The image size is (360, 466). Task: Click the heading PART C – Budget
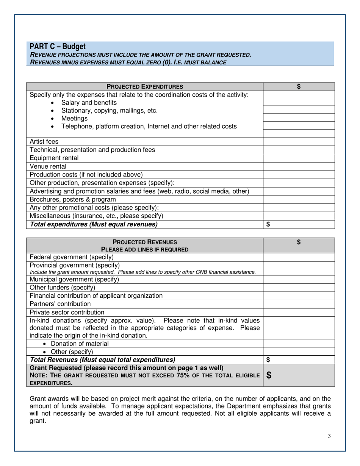click(58, 47)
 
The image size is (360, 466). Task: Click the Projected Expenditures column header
click(145, 87)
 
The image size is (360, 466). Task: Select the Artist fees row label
click(44, 142)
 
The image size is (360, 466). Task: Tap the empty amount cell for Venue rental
click(299, 166)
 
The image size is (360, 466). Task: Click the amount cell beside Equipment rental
click(299, 158)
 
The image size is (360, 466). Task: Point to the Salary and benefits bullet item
click(89, 103)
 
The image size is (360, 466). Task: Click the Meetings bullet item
click(74, 119)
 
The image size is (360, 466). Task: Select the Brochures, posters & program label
click(73, 199)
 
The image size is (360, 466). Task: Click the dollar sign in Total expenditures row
click(268, 224)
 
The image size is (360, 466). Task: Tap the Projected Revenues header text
click(145, 242)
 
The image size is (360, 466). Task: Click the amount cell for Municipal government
click(299, 280)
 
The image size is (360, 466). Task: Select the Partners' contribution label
click(60, 304)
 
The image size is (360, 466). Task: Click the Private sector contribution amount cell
click(299, 312)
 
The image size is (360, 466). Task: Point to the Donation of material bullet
click(80, 344)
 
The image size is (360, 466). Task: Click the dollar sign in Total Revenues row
click(268, 359)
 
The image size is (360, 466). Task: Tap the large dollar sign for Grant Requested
click(269, 375)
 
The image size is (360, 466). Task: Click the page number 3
click(329, 436)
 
